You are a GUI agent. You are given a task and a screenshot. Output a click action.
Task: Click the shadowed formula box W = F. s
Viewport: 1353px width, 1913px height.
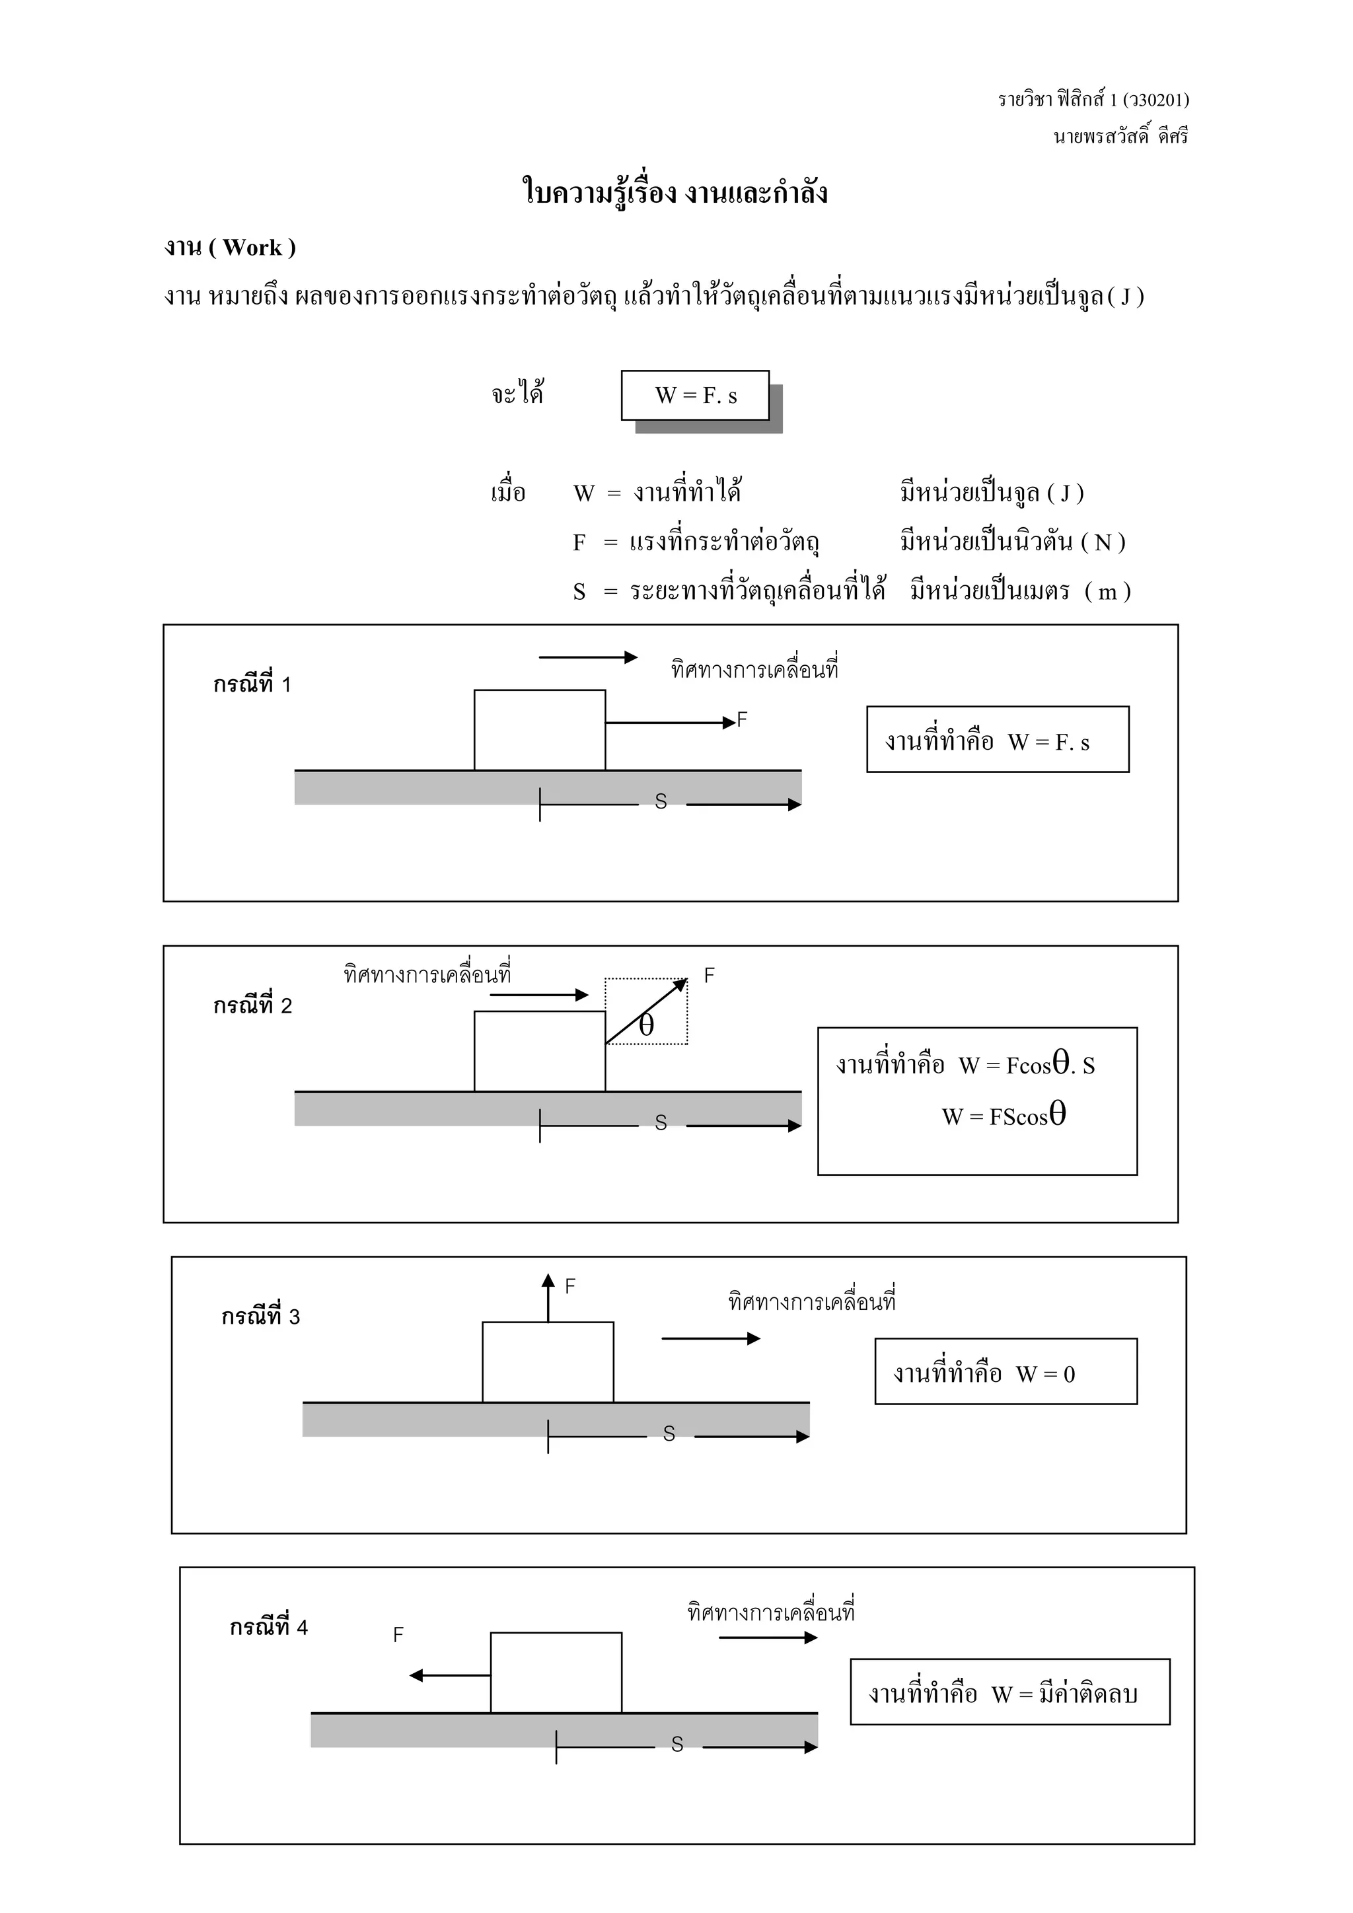pyautogui.click(x=695, y=395)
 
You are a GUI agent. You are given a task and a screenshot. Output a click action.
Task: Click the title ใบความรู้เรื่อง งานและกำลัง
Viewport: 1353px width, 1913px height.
pyautogui.click(x=675, y=192)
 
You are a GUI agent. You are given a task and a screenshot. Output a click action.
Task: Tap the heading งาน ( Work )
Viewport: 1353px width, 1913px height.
pyautogui.click(x=230, y=248)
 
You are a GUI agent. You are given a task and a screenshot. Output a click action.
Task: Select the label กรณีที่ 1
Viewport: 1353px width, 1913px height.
pyautogui.click(x=252, y=685)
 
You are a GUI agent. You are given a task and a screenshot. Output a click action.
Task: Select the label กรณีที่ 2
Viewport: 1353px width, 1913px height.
pyautogui.click(x=252, y=1005)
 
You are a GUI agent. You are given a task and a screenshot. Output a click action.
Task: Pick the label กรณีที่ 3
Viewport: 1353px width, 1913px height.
pyautogui.click(x=260, y=1317)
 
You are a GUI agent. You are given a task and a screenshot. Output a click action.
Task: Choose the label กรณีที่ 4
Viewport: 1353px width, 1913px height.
pyautogui.click(x=268, y=1627)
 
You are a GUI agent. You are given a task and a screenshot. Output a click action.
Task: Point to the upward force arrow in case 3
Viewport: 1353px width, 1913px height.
pyautogui.click(x=548, y=1298)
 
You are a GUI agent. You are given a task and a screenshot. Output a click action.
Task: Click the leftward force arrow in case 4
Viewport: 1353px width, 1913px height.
pyautogui.click(x=450, y=1676)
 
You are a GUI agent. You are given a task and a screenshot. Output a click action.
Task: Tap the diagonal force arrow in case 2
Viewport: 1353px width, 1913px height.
pyautogui.click(x=647, y=1011)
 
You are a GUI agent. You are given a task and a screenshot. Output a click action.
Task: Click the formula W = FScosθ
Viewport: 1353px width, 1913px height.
pyautogui.click(x=1004, y=1116)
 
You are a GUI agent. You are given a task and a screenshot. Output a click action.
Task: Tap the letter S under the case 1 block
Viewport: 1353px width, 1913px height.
pyautogui.click(x=661, y=801)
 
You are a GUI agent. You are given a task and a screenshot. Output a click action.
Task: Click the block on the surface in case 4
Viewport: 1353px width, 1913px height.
pyautogui.click(x=556, y=1672)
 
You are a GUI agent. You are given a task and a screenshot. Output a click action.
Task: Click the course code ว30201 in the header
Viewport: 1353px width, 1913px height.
pyautogui.click(x=1155, y=100)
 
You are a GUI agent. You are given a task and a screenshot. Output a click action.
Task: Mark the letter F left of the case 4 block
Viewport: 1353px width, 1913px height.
pyautogui.click(x=398, y=1635)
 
